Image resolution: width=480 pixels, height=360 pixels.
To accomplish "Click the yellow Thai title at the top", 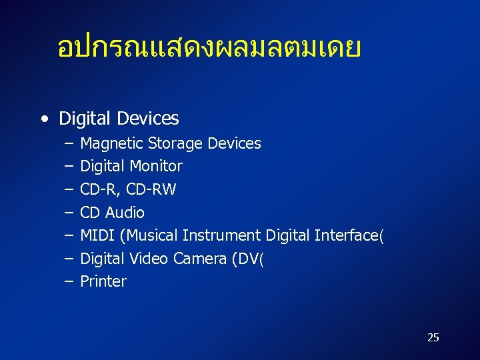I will tap(209, 48).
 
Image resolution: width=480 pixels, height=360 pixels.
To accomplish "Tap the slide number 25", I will tap(433, 337).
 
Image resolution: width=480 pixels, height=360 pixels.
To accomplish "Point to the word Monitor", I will tap(156, 166).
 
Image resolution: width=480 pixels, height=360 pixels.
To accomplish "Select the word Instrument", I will tap(221, 235).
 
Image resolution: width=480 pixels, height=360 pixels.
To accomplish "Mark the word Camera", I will tap(200, 259).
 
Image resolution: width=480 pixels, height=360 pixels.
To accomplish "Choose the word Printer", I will tap(103, 281).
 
